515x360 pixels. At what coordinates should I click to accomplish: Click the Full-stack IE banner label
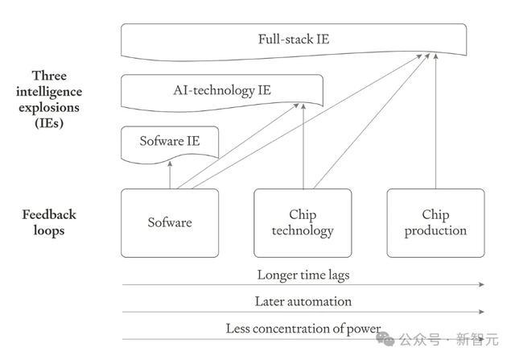pyautogui.click(x=293, y=39)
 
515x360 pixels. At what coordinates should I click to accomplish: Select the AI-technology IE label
pyautogui.click(x=222, y=90)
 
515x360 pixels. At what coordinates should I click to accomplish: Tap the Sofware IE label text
pyautogui.click(x=170, y=141)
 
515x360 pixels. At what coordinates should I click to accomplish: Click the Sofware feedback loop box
pyautogui.click(x=170, y=223)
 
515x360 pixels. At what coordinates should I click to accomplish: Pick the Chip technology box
pyautogui.click(x=303, y=223)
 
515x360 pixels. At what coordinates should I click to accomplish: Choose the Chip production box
pyautogui.click(x=435, y=223)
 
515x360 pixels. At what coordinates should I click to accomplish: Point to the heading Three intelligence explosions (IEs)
pyautogui.click(x=49, y=99)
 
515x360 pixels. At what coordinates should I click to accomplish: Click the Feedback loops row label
pyautogui.click(x=49, y=222)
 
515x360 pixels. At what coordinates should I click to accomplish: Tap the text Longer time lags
pyautogui.click(x=303, y=275)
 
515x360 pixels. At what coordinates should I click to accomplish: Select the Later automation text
pyautogui.click(x=303, y=301)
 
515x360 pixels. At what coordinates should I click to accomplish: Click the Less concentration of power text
pyautogui.click(x=303, y=329)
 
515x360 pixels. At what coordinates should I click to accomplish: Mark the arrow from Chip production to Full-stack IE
pyautogui.click(x=435, y=121)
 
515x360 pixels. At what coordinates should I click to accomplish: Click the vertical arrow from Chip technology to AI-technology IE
pyautogui.click(x=303, y=147)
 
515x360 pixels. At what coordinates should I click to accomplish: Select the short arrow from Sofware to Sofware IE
pyautogui.click(x=170, y=175)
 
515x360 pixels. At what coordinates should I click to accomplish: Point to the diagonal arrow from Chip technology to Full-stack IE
pyautogui.click(x=372, y=121)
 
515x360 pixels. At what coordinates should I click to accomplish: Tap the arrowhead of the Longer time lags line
pyautogui.click(x=482, y=284)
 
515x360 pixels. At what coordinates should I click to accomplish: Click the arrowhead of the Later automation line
pyautogui.click(x=482, y=312)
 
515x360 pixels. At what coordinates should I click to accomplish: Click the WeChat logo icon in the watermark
pyautogui.click(x=385, y=338)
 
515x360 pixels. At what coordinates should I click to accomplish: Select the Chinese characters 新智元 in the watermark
pyautogui.click(x=477, y=339)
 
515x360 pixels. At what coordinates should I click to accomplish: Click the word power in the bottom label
pyautogui.click(x=364, y=329)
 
